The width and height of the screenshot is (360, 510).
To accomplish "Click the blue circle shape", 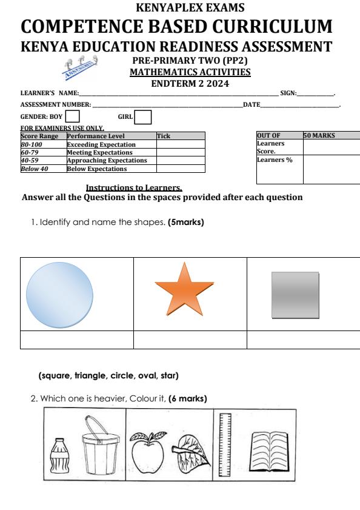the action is (59, 294).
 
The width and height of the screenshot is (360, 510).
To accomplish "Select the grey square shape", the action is (295, 294).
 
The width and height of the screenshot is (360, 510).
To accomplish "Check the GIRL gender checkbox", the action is (143, 116).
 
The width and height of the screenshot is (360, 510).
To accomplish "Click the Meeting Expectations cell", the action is (99, 153).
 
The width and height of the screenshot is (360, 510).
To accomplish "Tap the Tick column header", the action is (164, 137).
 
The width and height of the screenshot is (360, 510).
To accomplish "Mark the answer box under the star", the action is (190, 340).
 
